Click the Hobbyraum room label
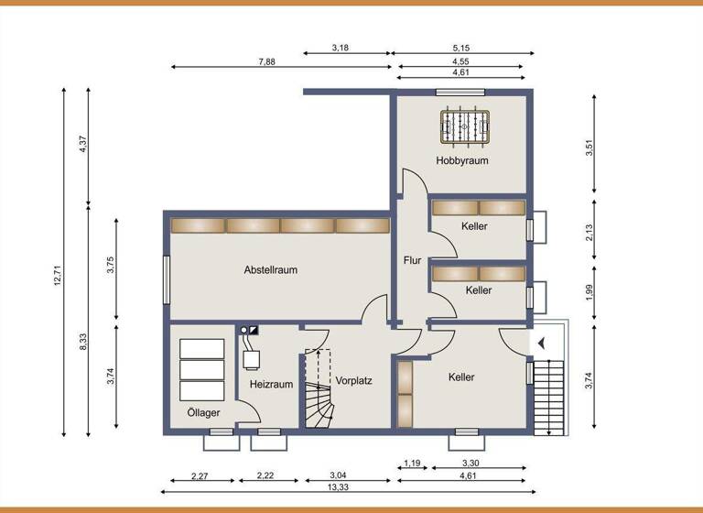pyautogui.click(x=461, y=160)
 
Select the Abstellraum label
pyautogui.click(x=270, y=270)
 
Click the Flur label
pyautogui.click(x=412, y=260)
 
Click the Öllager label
pyautogui.click(x=203, y=413)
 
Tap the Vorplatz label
pyautogui.click(x=353, y=380)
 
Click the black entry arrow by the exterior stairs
pyautogui.click(x=542, y=344)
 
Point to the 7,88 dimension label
pyautogui.click(x=267, y=61)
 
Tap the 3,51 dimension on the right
pyautogui.click(x=589, y=147)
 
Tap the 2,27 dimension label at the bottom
pyautogui.click(x=200, y=475)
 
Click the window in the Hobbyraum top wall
pyautogui.click(x=449, y=92)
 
